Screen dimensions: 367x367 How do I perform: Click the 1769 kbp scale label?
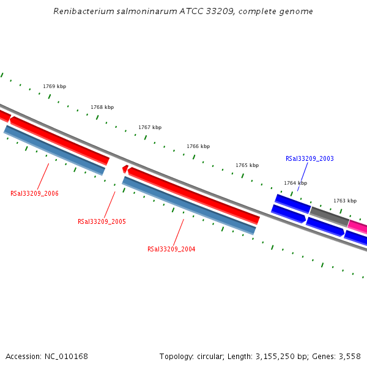[x=54, y=87]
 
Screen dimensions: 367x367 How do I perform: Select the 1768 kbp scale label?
[x=102, y=107]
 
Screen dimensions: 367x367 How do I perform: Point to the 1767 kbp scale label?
[x=150, y=127]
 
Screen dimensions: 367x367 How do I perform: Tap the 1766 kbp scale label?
[x=198, y=146]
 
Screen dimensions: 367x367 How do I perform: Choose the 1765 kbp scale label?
[x=247, y=165]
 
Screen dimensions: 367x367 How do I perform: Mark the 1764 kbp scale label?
[x=295, y=183]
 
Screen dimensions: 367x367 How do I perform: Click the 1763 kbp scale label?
[x=345, y=201]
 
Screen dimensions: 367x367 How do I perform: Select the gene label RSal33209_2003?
[x=310, y=158]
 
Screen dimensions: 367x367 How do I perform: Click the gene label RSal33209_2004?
[x=171, y=249]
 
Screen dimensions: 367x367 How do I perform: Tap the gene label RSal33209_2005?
[x=102, y=221]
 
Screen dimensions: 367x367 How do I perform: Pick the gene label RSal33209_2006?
[x=34, y=193]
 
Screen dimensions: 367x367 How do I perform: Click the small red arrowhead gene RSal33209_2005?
[x=125, y=169]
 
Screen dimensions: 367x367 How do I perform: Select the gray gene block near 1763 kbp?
[x=329, y=216]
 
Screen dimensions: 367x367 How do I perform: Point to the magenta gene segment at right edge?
[x=358, y=227]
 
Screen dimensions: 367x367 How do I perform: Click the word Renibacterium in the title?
[x=81, y=12]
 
